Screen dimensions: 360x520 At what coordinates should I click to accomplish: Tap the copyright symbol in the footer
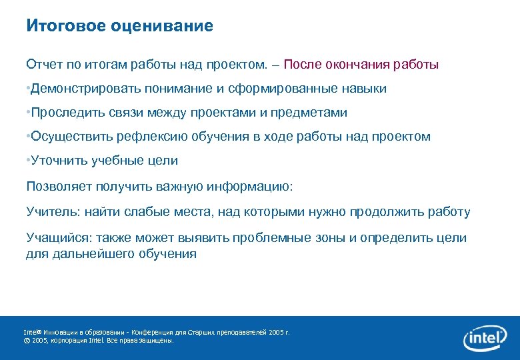27,340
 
